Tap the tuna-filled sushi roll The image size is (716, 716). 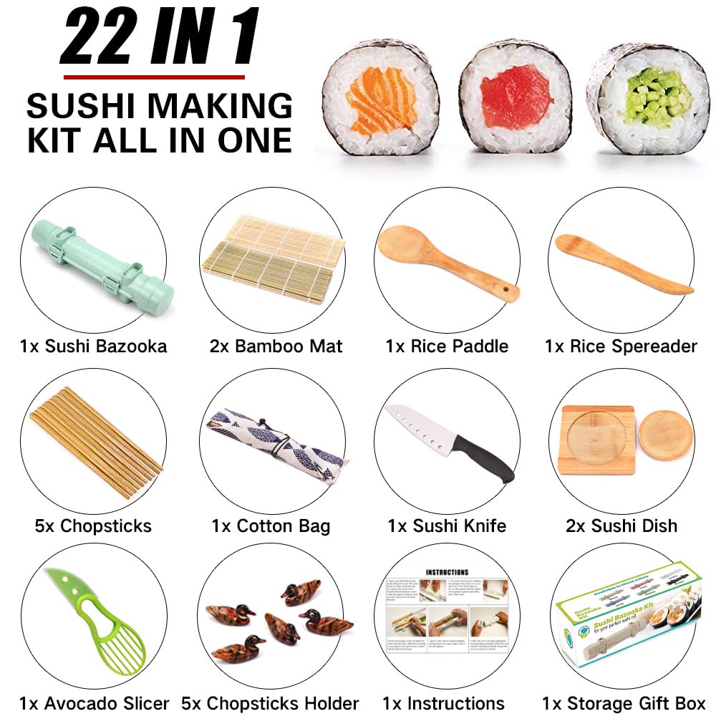[x=516, y=99]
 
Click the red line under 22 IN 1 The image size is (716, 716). [x=154, y=77]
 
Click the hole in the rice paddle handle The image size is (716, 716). [x=509, y=290]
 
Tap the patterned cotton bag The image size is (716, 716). [x=272, y=444]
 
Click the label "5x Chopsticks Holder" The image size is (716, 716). [x=270, y=703]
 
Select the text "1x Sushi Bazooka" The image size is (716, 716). [x=93, y=347]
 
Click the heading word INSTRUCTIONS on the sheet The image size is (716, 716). [x=447, y=572]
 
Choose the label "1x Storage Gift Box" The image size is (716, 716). [x=623, y=703]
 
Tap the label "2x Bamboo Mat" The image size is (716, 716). [x=276, y=347]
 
